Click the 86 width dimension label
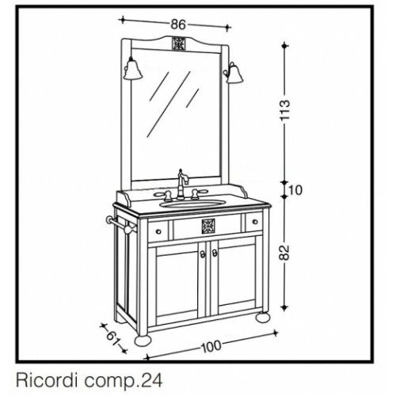click(178, 25)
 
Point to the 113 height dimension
click(285, 110)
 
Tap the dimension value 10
click(295, 190)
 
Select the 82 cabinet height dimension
click(284, 253)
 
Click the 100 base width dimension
click(211, 346)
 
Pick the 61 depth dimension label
click(113, 337)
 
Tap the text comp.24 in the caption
click(123, 381)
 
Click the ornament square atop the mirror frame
click(178, 44)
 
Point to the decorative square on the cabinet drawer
click(208, 227)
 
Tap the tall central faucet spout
click(182, 185)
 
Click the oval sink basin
click(192, 204)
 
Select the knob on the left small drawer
click(158, 231)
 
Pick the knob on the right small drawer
click(255, 222)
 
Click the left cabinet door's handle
click(203, 254)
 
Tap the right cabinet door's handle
click(215, 253)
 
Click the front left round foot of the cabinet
click(143, 341)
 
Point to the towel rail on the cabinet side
click(121, 224)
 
